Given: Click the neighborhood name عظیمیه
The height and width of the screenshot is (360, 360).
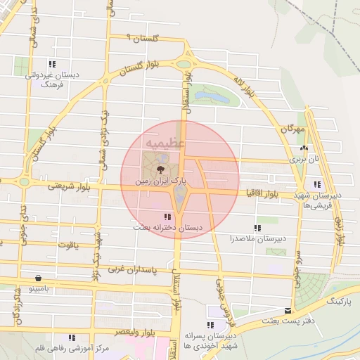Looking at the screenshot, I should point(165,143).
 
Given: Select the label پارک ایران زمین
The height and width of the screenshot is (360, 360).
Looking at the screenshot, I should point(163,181).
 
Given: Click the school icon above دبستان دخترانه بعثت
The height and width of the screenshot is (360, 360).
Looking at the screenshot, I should point(167,217).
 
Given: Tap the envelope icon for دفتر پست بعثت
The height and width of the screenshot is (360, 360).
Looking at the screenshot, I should point(288,311).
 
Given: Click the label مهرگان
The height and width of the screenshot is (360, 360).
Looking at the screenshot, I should point(292,129).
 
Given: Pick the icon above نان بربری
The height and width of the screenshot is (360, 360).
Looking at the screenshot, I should point(304,149).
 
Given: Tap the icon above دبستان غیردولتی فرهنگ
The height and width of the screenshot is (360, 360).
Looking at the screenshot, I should point(51,64).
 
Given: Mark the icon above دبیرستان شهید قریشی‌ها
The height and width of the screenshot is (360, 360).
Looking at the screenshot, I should point(318,184).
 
